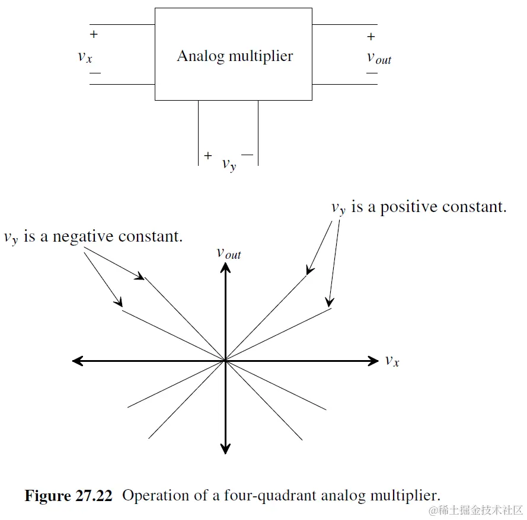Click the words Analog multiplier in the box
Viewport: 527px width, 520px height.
(235, 56)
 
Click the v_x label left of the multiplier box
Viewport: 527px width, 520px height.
(85, 57)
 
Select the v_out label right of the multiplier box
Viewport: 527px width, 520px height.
(379, 57)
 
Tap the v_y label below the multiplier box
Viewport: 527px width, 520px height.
(229, 164)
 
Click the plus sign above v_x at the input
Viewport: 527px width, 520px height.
(94, 34)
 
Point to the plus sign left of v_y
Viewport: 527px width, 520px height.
(207, 156)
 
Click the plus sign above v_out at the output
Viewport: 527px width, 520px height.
(371, 37)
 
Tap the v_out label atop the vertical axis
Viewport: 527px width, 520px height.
(228, 253)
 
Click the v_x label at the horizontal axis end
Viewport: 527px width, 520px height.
(392, 360)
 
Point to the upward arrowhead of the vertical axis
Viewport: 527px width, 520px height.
(225, 267)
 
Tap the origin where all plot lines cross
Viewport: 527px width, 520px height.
(225, 360)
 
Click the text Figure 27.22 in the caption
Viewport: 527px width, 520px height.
(68, 496)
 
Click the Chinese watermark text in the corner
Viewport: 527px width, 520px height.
(477, 511)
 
